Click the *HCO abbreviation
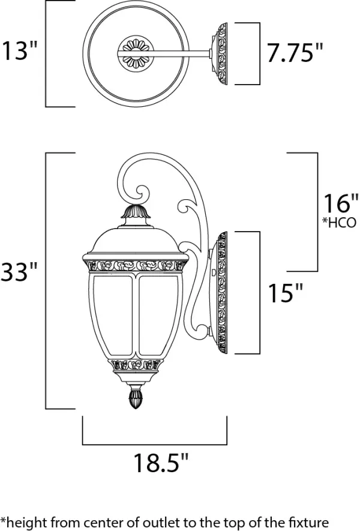pyautogui.click(x=341, y=223)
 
